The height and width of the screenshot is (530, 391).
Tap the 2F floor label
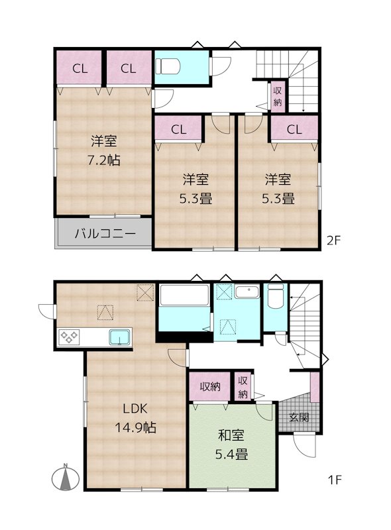click(x=333, y=240)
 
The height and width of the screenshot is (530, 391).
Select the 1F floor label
click(x=335, y=480)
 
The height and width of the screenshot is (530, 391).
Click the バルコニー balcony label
click(x=105, y=234)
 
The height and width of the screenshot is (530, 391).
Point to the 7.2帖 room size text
click(x=104, y=160)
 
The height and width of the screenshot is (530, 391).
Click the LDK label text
click(x=135, y=409)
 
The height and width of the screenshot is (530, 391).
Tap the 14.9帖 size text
click(x=135, y=428)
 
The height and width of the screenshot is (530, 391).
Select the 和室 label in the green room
click(x=231, y=435)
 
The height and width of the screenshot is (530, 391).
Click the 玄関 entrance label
click(x=299, y=417)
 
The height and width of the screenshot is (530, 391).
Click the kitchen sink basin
click(x=120, y=337)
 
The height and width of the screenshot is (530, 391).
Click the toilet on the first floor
click(x=276, y=295)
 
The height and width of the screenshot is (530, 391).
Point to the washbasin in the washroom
click(x=247, y=291)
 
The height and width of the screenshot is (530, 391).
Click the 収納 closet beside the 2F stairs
click(x=278, y=96)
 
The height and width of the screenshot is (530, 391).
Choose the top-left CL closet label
click(x=80, y=69)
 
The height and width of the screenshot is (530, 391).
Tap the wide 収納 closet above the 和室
click(x=209, y=387)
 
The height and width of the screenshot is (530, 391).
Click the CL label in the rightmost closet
click(x=294, y=129)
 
